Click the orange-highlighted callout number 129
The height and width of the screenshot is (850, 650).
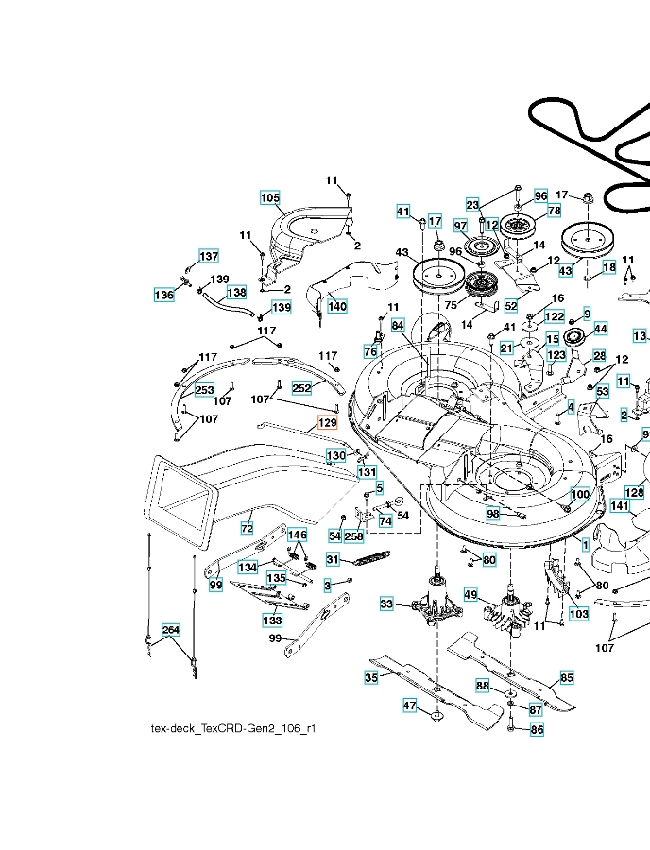[x=328, y=422]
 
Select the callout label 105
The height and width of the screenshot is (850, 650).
[x=270, y=198]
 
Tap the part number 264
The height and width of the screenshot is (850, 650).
[x=171, y=630]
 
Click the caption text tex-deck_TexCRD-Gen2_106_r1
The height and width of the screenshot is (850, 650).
[x=233, y=728]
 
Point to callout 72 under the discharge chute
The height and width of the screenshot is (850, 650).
[x=247, y=528]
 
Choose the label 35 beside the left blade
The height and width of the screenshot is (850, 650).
[x=370, y=677]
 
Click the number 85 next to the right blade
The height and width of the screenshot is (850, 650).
[x=567, y=677]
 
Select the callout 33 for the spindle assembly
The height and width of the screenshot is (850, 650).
[x=386, y=603]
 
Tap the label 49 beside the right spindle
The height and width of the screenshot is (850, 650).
[x=470, y=595]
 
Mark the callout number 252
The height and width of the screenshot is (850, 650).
[x=301, y=388]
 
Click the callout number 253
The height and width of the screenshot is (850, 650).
[x=204, y=390]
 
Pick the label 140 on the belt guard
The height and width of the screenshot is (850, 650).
[x=337, y=306]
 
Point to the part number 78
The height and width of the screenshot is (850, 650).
[x=554, y=211]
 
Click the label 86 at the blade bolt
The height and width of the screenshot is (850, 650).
[x=537, y=730]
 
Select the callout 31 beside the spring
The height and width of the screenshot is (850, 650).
[x=333, y=559]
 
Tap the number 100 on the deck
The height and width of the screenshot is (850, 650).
[x=580, y=494]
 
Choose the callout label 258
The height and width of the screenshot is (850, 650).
[x=354, y=536]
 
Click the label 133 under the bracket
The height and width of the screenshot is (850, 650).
[x=272, y=620]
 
